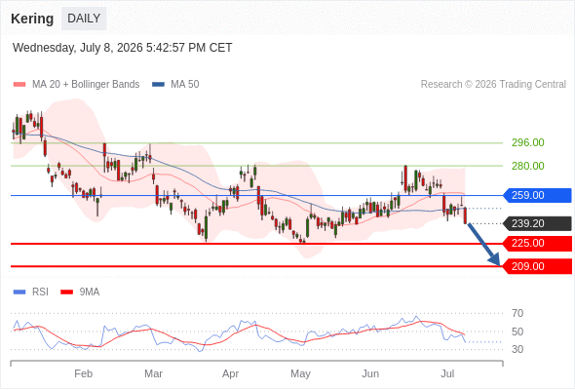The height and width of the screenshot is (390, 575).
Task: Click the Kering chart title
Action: click(32, 19)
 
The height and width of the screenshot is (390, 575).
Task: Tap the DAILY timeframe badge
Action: click(84, 19)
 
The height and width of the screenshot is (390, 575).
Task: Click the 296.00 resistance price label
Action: click(527, 142)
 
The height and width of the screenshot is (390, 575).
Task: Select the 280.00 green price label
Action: click(527, 166)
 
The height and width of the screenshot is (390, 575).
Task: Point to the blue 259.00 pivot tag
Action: click(537, 195)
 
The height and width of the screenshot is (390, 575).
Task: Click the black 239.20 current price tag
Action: click(537, 223)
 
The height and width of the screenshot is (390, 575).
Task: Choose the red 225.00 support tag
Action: click(537, 243)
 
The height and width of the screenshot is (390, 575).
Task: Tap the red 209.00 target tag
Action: click(537, 266)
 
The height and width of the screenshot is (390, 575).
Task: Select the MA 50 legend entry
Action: click(175, 85)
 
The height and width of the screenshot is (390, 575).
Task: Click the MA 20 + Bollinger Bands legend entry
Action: click(76, 85)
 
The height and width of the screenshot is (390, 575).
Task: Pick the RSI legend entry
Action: click(31, 292)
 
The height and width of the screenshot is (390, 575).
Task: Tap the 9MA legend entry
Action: click(80, 292)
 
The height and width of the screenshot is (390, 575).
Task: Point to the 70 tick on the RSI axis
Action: click(517, 313)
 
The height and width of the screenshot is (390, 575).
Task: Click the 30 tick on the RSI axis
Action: click(517, 349)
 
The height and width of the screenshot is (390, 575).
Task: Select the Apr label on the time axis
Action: click(230, 373)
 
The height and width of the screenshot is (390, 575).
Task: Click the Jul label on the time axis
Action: click(447, 373)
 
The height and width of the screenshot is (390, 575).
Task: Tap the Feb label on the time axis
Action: click(83, 373)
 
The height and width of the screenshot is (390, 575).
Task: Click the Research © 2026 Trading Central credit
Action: click(493, 85)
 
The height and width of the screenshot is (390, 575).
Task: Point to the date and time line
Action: click(123, 48)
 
